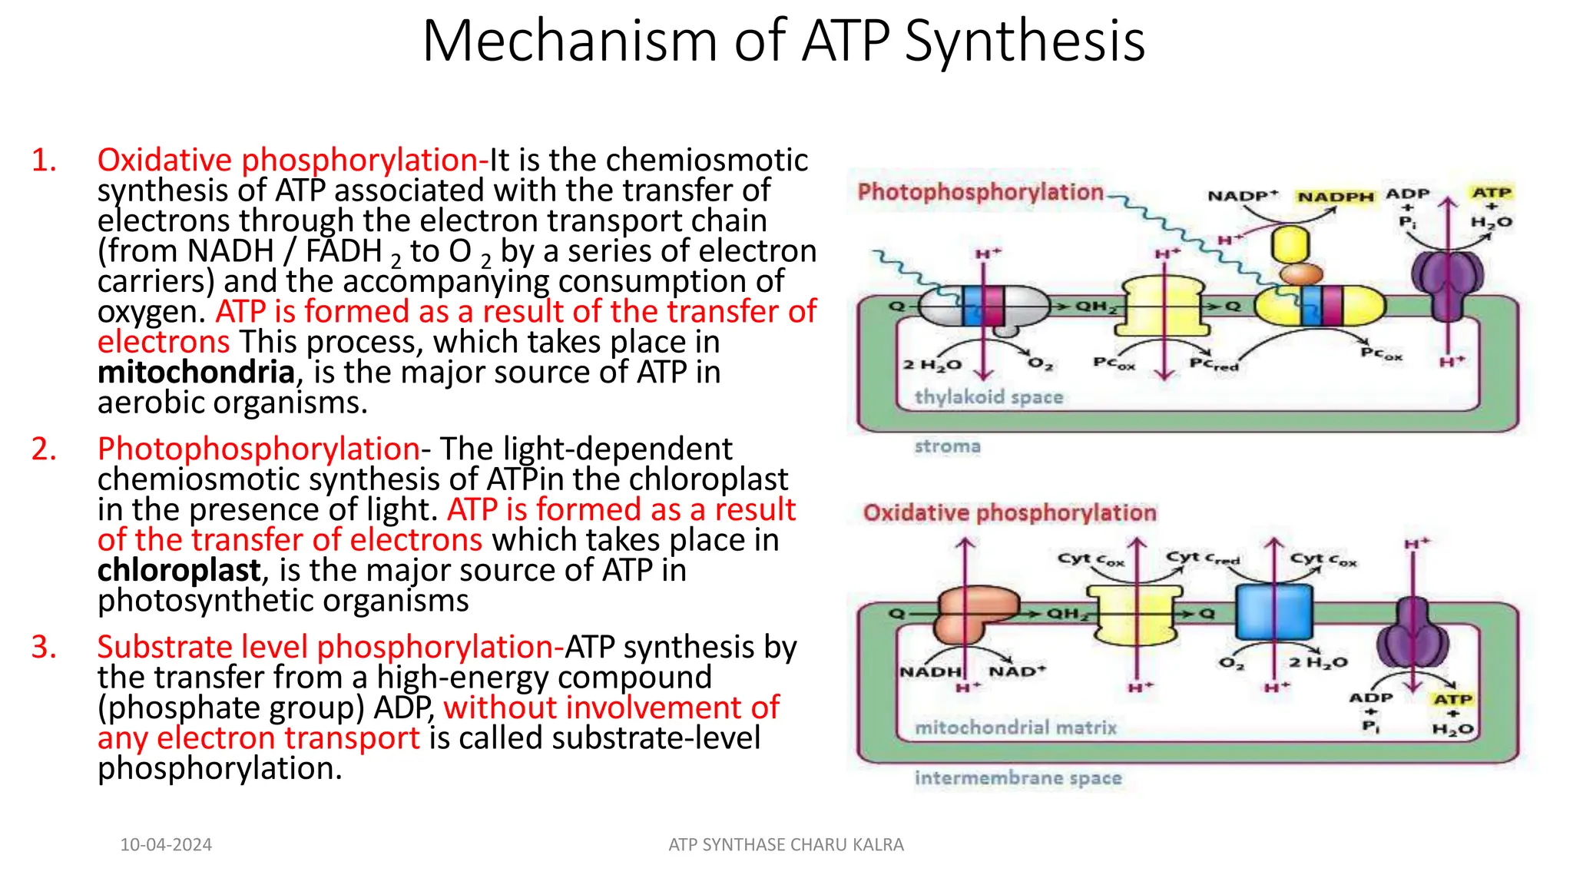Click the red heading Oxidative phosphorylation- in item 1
pos(293,160)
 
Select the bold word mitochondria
pos(196,373)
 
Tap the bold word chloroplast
pos(179,571)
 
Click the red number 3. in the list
pos(45,647)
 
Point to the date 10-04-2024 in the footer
pos(166,845)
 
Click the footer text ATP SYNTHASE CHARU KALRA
pos(786,845)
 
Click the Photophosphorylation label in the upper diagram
pos(980,192)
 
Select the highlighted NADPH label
pos(1335,197)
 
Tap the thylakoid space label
pos(989,397)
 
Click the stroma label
pos(947,446)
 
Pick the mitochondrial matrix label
pos(1015,728)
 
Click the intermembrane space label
pos(1018,778)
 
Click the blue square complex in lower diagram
pos(1273,612)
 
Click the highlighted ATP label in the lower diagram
pos(1452,699)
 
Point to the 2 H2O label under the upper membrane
pos(932,365)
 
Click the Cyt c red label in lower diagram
pos(1202,559)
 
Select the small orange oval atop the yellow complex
pos(1300,273)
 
